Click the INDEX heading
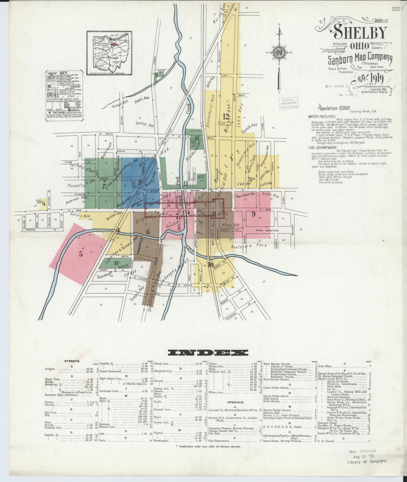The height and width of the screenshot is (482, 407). point(208,353)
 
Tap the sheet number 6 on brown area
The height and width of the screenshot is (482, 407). point(148,232)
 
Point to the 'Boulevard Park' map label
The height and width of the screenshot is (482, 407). point(249,246)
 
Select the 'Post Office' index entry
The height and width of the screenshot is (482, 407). point(325,366)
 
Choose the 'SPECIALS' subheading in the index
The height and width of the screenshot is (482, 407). point(235,402)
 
